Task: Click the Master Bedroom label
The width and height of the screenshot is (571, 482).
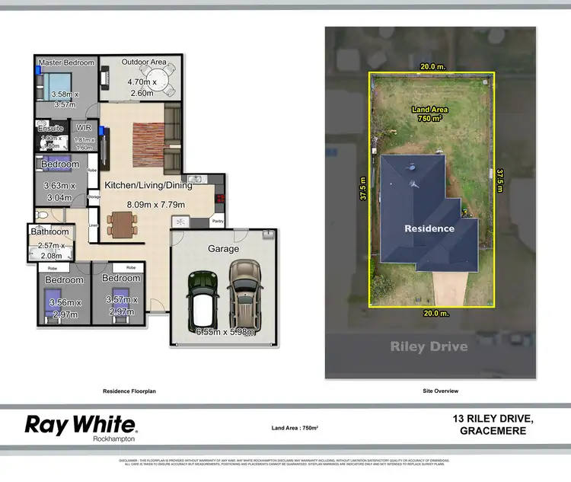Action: (66, 62)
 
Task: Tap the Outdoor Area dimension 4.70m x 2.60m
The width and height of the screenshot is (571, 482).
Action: (142, 88)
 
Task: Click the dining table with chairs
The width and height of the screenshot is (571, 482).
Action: (122, 224)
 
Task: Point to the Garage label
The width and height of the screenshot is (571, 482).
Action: (223, 248)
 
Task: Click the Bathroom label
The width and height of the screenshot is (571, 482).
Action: (49, 231)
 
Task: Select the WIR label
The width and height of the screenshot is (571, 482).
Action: (84, 128)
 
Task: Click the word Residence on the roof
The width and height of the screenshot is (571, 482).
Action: (429, 228)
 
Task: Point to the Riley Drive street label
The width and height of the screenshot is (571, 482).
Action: (429, 346)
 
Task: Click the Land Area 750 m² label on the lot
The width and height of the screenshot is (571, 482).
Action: (430, 113)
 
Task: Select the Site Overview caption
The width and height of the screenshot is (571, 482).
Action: (440, 391)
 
